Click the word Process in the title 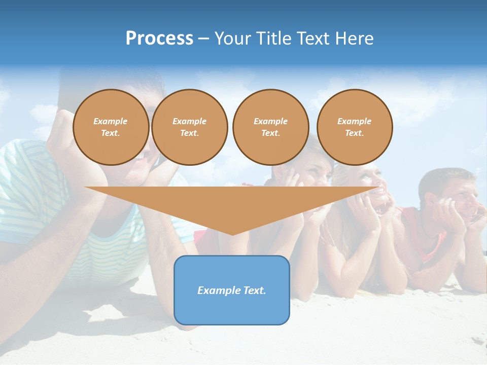(x=159, y=39)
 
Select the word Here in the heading (x=354, y=39)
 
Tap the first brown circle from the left (x=111, y=127)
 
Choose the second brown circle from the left (x=190, y=127)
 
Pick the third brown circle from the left (x=271, y=127)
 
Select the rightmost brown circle (x=355, y=127)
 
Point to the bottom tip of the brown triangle (x=232, y=234)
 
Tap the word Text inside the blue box (x=255, y=290)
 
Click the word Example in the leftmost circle (x=111, y=121)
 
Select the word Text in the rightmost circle (x=354, y=133)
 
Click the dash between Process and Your (x=203, y=39)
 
